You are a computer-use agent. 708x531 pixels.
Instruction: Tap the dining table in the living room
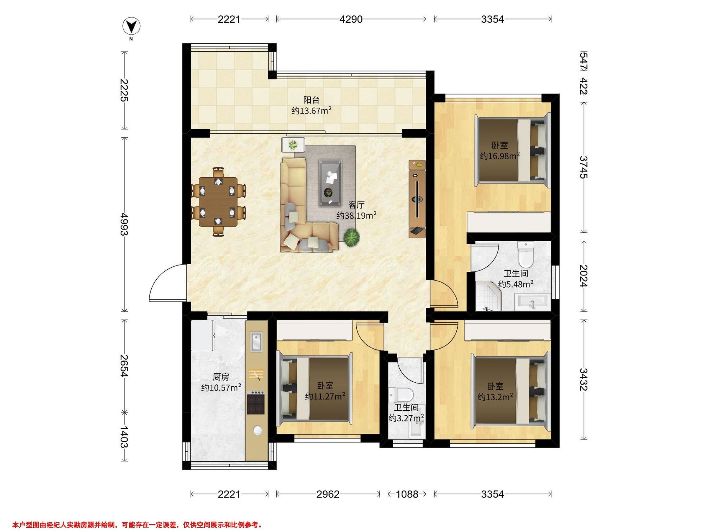click(218, 202)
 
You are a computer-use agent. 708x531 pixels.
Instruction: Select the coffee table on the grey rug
click(330, 183)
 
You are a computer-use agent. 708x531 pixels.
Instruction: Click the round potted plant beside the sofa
click(351, 237)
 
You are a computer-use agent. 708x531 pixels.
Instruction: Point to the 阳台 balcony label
click(311, 100)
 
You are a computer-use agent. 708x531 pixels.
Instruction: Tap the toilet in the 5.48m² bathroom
click(526, 255)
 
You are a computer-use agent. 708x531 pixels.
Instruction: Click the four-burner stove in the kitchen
click(256, 402)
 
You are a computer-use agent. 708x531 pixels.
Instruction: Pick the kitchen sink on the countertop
click(256, 341)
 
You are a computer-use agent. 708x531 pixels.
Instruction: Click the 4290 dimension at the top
click(351, 19)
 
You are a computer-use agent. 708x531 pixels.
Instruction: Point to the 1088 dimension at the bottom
click(407, 494)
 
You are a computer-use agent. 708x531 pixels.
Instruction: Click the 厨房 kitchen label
click(221, 377)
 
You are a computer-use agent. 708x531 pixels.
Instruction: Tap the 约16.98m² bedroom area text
click(499, 156)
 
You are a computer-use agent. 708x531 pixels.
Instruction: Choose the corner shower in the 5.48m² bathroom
click(487, 296)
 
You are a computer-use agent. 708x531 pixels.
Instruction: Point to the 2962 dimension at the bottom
click(328, 494)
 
